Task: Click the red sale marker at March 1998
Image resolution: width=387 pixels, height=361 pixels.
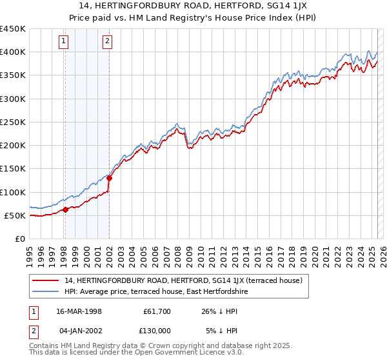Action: pos(65,210)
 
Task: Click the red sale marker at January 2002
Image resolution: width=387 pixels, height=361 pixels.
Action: pos(109,178)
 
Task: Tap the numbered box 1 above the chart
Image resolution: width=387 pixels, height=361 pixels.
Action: pos(64,43)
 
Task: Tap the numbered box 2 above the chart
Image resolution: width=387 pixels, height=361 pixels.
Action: pos(107,43)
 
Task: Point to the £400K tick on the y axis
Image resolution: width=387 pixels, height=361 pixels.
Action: pos(13,52)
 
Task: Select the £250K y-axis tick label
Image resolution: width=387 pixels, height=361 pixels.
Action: pos(13,122)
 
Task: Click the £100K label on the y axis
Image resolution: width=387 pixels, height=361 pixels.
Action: pos(13,192)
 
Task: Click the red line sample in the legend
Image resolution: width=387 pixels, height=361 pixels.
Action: pos(46,280)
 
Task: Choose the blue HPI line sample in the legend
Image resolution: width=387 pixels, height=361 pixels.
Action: pos(46,291)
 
